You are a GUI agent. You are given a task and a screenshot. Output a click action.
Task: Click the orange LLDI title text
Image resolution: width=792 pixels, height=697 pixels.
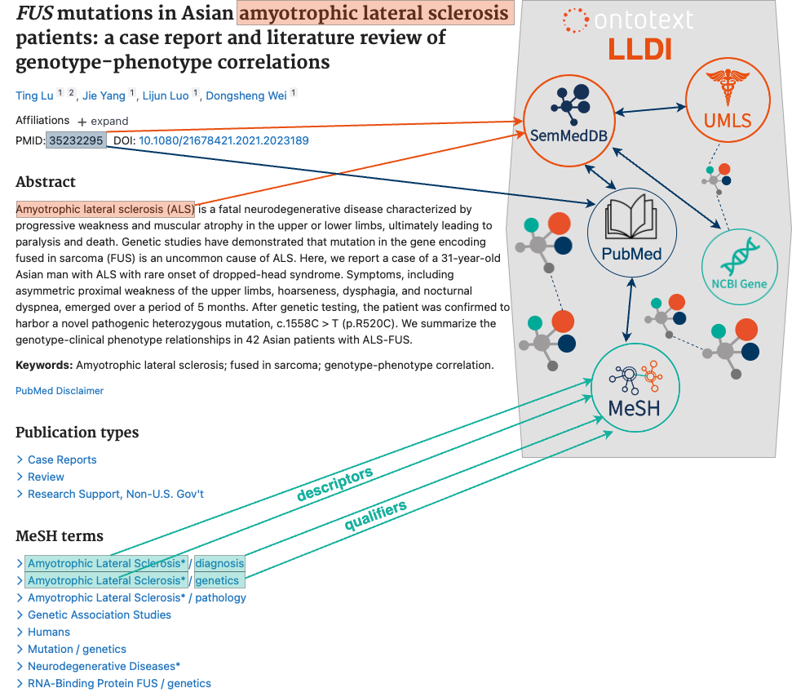pos(640,50)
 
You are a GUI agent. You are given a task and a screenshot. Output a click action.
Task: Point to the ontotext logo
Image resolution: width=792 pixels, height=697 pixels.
pos(628,20)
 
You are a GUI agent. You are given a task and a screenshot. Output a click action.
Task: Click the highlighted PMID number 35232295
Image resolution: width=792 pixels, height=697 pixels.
pos(76,140)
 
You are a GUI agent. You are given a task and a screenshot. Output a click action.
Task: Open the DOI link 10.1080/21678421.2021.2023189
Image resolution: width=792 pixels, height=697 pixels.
pos(223,140)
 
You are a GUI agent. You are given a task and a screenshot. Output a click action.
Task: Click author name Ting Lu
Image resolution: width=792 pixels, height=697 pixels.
pos(34,95)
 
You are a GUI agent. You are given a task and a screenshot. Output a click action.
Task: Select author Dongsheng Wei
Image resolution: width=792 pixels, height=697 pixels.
pos(246,95)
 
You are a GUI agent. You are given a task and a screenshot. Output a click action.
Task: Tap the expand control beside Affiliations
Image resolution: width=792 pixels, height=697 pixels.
pos(103,122)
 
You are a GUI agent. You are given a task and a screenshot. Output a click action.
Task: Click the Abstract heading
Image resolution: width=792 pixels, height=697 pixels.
pos(46,181)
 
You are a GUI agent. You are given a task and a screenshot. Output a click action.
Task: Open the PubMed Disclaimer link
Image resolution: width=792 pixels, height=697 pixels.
pos(60,391)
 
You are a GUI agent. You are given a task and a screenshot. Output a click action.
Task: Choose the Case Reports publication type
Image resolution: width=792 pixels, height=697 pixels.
pos(62,459)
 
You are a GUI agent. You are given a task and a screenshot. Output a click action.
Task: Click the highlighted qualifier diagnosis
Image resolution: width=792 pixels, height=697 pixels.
pos(219,563)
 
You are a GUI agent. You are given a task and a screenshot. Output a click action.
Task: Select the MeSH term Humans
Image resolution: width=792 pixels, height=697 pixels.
pos(49,632)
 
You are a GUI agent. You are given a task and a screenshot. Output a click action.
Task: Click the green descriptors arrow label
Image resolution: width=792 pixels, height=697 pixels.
pos(335,484)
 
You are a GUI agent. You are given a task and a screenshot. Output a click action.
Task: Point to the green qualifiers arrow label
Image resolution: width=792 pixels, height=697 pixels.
pos(375,515)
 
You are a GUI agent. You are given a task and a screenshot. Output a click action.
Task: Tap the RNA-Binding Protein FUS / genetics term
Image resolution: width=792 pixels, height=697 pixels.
pos(119,683)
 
